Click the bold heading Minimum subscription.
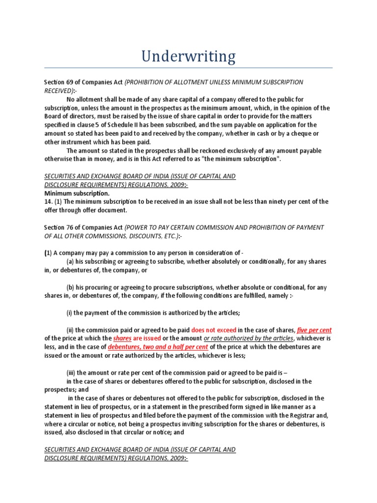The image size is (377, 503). tap(77, 194)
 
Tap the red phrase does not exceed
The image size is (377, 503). tap(214, 330)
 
